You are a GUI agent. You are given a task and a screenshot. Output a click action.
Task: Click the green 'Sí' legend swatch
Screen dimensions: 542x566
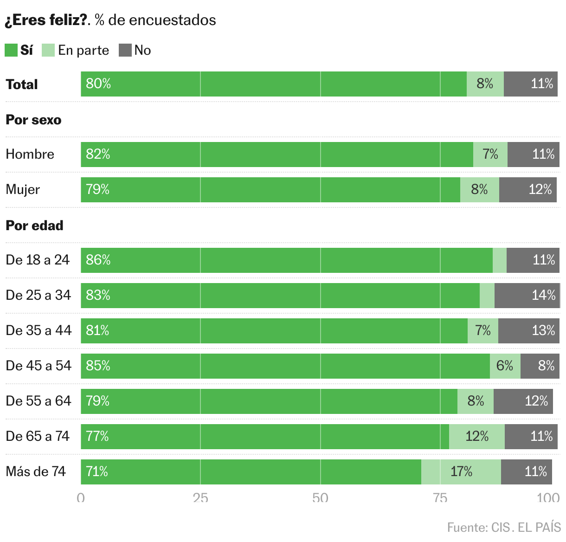point(11,50)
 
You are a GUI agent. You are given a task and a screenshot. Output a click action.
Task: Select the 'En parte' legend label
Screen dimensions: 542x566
point(84,50)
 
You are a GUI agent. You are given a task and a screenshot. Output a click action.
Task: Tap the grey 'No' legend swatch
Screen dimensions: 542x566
point(125,50)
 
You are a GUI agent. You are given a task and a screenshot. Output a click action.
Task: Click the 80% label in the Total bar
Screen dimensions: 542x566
point(98,84)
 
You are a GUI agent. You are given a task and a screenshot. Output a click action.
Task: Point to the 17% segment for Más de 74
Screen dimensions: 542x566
point(461,471)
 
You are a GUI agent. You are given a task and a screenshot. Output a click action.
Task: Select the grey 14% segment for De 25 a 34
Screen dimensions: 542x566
point(527,295)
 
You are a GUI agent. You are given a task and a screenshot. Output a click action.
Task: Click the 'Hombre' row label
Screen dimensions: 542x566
point(30,154)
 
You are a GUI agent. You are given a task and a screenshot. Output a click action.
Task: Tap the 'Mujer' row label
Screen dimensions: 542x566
point(23,189)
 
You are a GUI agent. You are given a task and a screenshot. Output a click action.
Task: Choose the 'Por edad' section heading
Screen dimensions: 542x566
point(34,226)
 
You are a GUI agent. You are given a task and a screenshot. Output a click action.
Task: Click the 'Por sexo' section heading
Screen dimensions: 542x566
point(33,120)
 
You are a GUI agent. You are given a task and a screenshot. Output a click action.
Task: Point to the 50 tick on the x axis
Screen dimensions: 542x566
point(320,498)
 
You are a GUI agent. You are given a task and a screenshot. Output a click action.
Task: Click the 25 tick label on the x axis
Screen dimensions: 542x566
point(200,498)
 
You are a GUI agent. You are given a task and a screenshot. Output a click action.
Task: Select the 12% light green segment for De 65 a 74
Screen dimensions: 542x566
point(477,436)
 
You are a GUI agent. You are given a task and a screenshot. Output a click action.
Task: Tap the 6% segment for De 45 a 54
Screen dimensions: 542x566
point(505,366)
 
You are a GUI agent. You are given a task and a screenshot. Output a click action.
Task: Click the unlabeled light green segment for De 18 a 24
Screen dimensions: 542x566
point(500,260)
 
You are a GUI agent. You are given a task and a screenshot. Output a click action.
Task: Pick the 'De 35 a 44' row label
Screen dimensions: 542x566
point(39,330)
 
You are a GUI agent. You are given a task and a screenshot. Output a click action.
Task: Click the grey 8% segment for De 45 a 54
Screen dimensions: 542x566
point(540,366)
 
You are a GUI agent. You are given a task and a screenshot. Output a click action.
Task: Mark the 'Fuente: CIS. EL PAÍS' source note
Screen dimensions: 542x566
point(504,527)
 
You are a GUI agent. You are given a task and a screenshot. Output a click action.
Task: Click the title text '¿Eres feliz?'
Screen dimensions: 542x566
point(46,20)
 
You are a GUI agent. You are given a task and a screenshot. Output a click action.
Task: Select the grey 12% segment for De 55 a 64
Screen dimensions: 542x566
point(523,401)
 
